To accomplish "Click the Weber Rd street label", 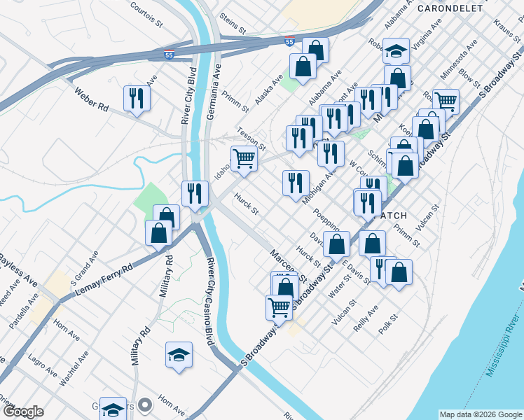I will pyautogui.click(x=92, y=99).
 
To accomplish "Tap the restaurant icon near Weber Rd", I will pyautogui.click(x=137, y=98).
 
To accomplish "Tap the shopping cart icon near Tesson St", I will pyautogui.click(x=243, y=157).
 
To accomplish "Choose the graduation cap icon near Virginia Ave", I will pyautogui.click(x=397, y=50).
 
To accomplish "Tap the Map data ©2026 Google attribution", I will pyautogui.click(x=480, y=414).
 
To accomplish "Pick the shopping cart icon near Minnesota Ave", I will pyautogui.click(x=446, y=101).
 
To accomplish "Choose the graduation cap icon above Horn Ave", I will pyautogui.click(x=179, y=355).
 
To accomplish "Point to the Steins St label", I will pyautogui.click(x=233, y=24).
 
